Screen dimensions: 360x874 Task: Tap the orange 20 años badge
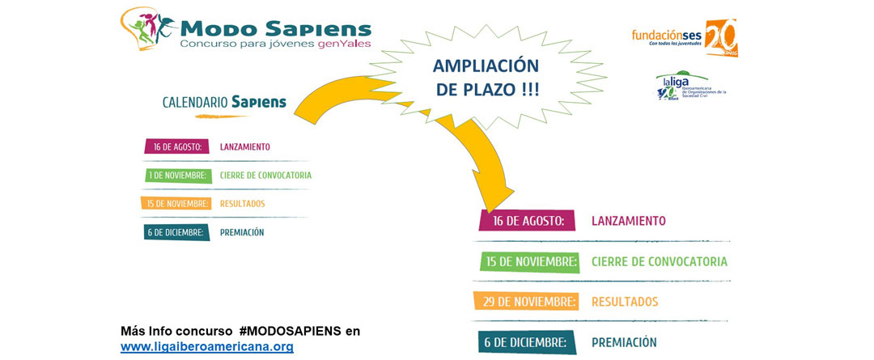tap(721, 36)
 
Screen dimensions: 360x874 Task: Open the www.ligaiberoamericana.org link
tap(206, 346)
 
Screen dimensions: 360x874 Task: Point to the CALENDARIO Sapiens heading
tap(224, 102)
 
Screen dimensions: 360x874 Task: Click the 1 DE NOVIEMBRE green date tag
tap(178, 175)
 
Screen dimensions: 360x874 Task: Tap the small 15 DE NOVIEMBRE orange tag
tap(176, 203)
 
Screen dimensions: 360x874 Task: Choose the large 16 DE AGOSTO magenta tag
tap(527, 220)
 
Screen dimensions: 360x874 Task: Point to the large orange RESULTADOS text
tap(625, 302)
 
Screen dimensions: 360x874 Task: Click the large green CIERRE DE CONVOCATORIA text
tap(659, 261)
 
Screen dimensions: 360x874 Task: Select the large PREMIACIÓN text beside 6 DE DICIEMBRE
tap(624, 342)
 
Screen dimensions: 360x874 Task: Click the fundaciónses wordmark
tap(667, 36)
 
